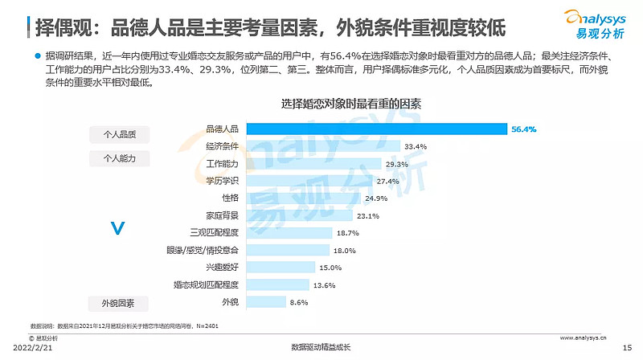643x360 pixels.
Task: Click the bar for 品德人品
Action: (x=376, y=129)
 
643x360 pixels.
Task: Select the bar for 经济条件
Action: (x=323, y=146)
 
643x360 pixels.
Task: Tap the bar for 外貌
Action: (x=266, y=302)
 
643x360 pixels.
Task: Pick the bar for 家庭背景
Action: (x=299, y=215)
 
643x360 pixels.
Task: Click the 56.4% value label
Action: (x=523, y=129)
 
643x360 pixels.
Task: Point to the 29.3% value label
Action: (x=397, y=164)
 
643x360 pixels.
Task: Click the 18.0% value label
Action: (x=345, y=251)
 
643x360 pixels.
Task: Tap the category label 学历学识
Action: (x=222, y=181)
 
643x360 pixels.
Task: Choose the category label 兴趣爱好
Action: (x=222, y=268)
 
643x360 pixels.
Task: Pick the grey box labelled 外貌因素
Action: (x=119, y=304)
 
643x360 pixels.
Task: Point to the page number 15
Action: (x=628, y=347)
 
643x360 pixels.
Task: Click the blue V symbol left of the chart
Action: (x=117, y=230)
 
